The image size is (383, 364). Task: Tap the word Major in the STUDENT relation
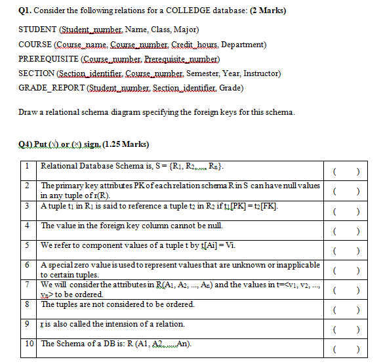[185, 30]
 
